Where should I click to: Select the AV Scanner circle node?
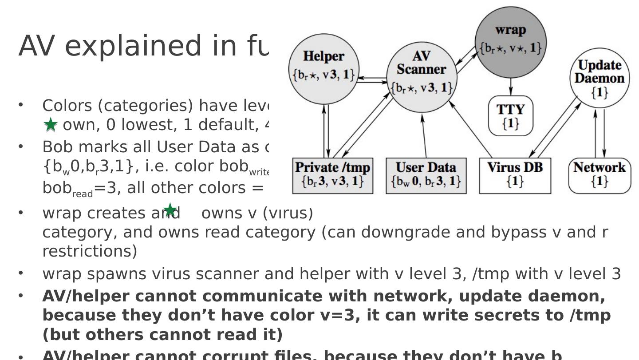[x=422, y=75]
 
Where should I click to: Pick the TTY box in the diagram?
[x=510, y=115]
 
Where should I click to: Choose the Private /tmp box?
[x=333, y=175]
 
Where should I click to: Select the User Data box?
[x=426, y=175]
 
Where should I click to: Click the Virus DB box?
[x=515, y=175]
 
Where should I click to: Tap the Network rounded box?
[x=600, y=175]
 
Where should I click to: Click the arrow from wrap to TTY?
[x=510, y=87]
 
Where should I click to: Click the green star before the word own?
[x=51, y=125]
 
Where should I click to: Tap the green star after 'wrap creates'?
[x=170, y=210]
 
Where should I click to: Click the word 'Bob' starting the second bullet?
[x=55, y=146]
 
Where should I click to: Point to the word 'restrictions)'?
[x=90, y=251]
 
